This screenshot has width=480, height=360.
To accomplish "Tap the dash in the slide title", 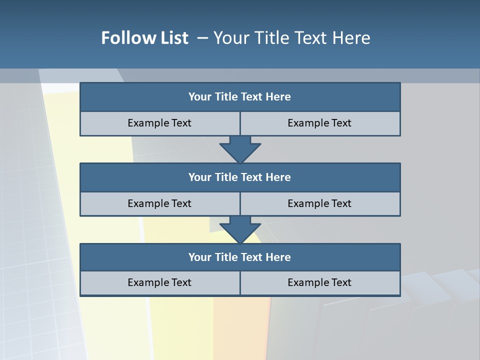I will [x=202, y=38].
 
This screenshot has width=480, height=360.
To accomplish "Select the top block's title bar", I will [x=240, y=97].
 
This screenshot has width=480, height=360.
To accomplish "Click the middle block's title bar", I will [x=240, y=177].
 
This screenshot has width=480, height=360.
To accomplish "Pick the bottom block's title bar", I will [x=240, y=257].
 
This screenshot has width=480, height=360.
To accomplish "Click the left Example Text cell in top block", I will [x=159, y=123].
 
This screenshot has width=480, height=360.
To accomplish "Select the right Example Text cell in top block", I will [x=320, y=123].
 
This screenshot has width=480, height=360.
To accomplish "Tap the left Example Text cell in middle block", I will [x=159, y=203].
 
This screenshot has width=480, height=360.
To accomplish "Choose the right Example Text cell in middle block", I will [x=320, y=203].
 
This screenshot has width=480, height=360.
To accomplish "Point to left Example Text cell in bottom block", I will [x=159, y=282].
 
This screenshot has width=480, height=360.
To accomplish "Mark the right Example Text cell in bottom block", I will [x=320, y=282].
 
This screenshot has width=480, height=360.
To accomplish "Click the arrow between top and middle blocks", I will [x=240, y=149].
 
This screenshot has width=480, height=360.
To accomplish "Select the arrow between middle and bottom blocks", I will [x=240, y=229].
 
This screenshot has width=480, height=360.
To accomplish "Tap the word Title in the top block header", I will [x=226, y=97].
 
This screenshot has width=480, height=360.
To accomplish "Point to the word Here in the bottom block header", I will [x=278, y=257].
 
